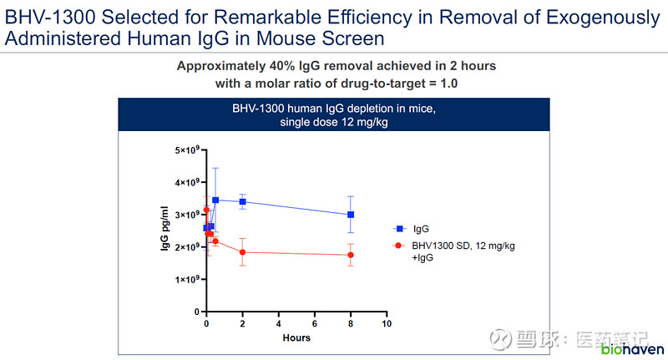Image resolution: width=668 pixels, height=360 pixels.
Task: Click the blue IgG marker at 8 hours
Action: point(351,215)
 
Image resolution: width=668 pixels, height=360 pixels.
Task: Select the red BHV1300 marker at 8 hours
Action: point(351,255)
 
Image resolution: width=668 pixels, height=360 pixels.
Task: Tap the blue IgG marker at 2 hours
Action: point(243,201)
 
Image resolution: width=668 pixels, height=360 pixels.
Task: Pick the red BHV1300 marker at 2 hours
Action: point(243,252)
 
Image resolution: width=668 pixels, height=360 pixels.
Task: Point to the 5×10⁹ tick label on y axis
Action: point(186,150)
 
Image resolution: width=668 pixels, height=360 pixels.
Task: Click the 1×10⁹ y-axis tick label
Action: point(186,280)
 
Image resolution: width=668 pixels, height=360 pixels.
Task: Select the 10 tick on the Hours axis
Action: point(386,323)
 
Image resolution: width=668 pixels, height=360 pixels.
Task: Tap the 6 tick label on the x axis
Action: point(315,323)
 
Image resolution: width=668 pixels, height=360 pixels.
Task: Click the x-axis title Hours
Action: point(296,337)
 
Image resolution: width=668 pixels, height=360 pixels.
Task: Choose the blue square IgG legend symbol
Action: point(400,228)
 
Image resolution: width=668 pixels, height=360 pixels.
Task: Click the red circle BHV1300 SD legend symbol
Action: point(400,246)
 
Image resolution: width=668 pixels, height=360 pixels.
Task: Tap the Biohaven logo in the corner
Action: point(633,347)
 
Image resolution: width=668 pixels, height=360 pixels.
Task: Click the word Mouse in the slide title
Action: point(305,38)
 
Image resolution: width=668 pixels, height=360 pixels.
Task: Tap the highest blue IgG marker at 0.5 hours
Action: point(215,200)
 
